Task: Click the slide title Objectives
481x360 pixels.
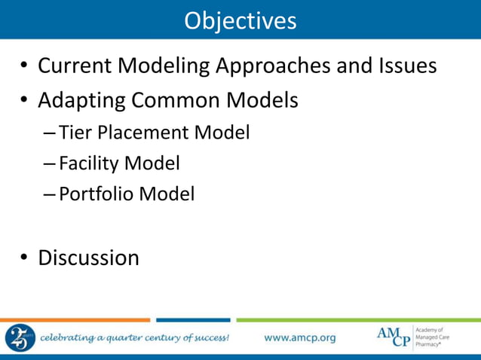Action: pos(240,20)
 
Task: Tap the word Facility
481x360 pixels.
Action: pos(90,163)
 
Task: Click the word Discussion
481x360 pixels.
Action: pos(88,258)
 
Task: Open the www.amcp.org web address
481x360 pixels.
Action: pos(299,337)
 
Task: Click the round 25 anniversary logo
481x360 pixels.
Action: pos(19,337)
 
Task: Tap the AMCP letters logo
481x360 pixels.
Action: pos(394,337)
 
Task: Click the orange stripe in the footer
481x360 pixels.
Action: pos(75,320)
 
